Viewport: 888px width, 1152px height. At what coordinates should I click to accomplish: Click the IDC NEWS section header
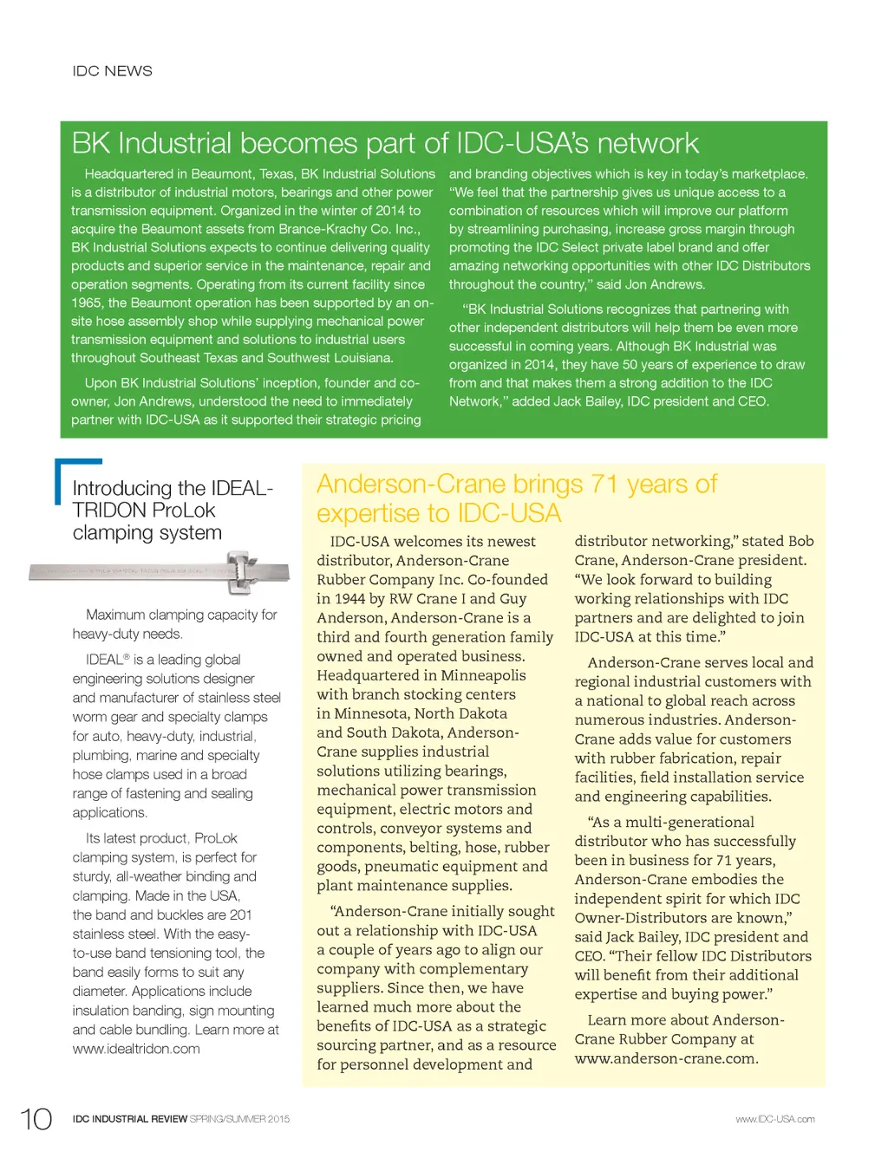(x=112, y=71)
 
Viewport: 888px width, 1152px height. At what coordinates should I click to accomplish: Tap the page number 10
(x=36, y=1119)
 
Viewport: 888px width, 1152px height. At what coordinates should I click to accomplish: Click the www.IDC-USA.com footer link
(x=774, y=1119)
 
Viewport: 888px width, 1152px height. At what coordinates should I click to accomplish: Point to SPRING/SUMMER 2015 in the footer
(x=239, y=1119)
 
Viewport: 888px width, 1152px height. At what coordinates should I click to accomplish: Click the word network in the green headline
(x=647, y=143)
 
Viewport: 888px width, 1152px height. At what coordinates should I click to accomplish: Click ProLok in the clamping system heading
(x=181, y=511)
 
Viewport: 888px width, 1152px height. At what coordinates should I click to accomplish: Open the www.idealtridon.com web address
(x=136, y=1049)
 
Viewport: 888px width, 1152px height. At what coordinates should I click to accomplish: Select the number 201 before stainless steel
(x=240, y=914)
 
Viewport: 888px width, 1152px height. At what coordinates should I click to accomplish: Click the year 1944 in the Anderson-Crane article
(x=355, y=599)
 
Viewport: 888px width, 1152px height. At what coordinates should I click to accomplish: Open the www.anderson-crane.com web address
(x=666, y=1058)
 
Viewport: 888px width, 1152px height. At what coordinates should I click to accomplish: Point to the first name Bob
(x=800, y=541)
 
